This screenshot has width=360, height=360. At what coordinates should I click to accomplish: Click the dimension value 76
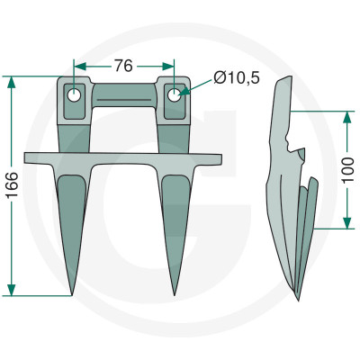(123, 66)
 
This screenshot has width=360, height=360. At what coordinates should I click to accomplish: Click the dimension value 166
(13, 184)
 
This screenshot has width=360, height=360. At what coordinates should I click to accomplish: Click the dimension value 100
(347, 169)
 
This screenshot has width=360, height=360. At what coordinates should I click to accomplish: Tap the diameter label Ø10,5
(237, 78)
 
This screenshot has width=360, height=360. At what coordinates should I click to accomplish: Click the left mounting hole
(74, 95)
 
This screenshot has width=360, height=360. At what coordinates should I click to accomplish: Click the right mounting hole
(174, 95)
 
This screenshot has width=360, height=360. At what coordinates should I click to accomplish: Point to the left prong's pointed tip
(72, 295)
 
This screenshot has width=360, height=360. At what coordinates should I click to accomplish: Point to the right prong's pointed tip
(175, 295)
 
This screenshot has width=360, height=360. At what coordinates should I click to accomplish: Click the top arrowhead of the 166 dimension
(12, 82)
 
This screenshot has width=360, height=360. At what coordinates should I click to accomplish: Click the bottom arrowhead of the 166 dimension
(12, 290)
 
